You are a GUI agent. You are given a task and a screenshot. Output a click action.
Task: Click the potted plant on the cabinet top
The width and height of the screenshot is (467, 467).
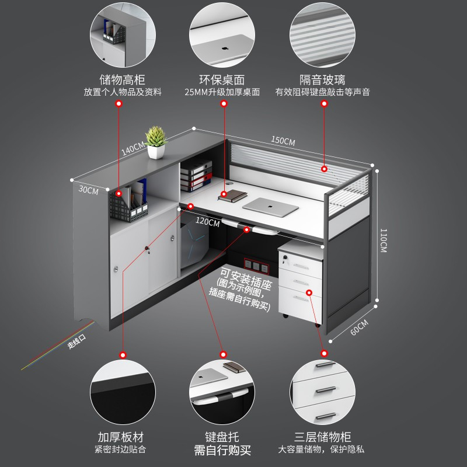pos(155,142)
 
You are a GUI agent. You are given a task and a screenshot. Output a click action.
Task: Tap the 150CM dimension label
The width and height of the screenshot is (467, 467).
pos(283,140)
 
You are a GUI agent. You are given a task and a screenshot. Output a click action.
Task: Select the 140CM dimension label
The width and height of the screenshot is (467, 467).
pos(133,148)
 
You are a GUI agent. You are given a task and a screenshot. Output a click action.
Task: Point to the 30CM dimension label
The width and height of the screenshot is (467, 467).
pos(89,190)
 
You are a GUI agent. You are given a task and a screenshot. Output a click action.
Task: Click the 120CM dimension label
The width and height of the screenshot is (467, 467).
pos(208,222)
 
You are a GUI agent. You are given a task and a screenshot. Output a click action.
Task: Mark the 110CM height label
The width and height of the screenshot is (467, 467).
pos(384,241)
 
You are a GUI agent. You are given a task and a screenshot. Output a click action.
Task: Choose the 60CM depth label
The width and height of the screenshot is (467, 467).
pos(360,327)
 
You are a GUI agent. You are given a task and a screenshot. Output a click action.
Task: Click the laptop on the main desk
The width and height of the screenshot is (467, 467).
pos(270,207)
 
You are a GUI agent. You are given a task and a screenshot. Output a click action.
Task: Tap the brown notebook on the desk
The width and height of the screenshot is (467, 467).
pos(232,196)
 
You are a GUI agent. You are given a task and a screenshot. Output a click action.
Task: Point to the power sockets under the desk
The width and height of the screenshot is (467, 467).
pos(256,266)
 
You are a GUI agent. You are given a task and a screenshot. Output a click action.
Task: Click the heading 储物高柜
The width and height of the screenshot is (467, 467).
pos(122,80)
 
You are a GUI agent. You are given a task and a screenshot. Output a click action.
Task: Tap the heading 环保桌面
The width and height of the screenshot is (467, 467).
pos(222,80)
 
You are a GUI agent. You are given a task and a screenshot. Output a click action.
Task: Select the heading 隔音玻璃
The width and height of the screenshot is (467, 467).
pos(322,80)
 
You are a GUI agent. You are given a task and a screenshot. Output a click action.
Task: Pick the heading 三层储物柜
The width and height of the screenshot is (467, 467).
pos(323,437)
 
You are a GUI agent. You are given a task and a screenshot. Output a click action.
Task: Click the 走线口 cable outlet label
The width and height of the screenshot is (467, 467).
pos(76,341)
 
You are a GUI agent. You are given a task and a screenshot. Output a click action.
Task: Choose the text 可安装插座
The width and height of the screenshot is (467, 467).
pos(246,279)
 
